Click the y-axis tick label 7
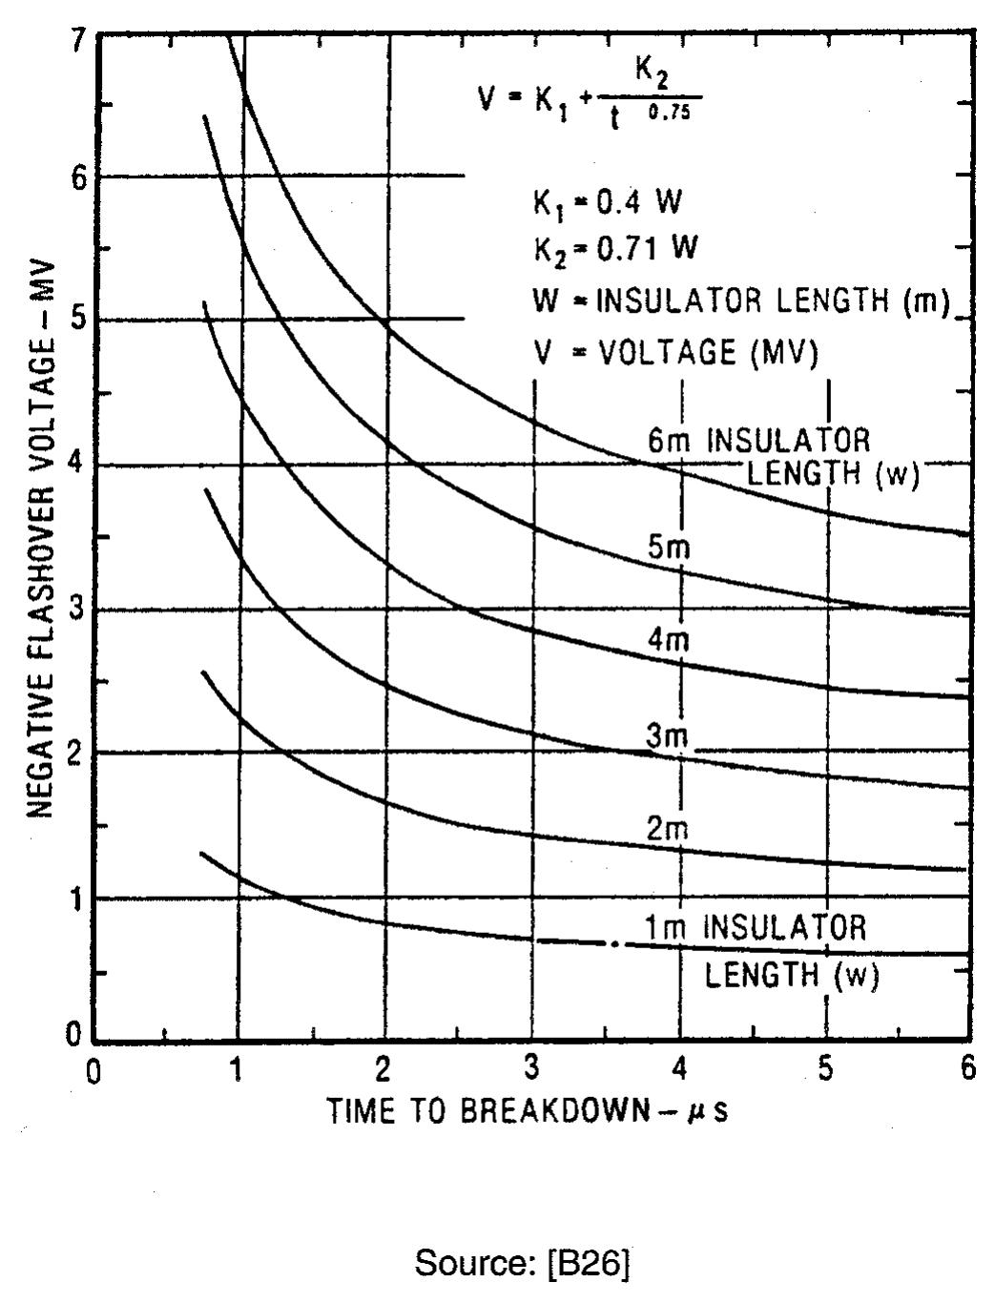(78, 39)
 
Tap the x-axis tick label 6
(967, 1067)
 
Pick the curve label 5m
(668, 548)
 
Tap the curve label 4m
(668, 640)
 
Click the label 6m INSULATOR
(758, 441)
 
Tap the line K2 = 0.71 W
(614, 250)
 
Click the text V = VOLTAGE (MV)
(674, 353)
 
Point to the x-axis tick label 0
(93, 1070)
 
